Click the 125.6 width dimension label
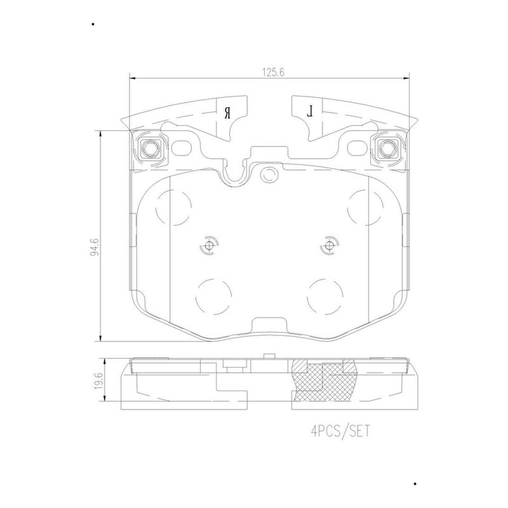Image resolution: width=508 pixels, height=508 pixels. click(x=273, y=72)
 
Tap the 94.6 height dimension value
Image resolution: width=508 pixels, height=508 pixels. click(x=95, y=247)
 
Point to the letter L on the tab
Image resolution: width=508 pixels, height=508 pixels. click(x=310, y=111)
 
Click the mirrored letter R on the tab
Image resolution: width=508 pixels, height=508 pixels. click(x=228, y=112)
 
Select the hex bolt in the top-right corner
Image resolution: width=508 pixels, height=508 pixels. click(x=387, y=149)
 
